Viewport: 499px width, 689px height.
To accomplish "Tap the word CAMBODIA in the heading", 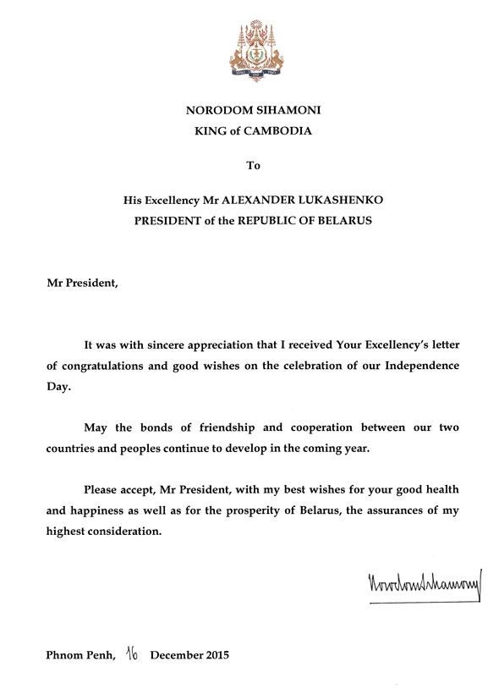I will click(276, 131).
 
